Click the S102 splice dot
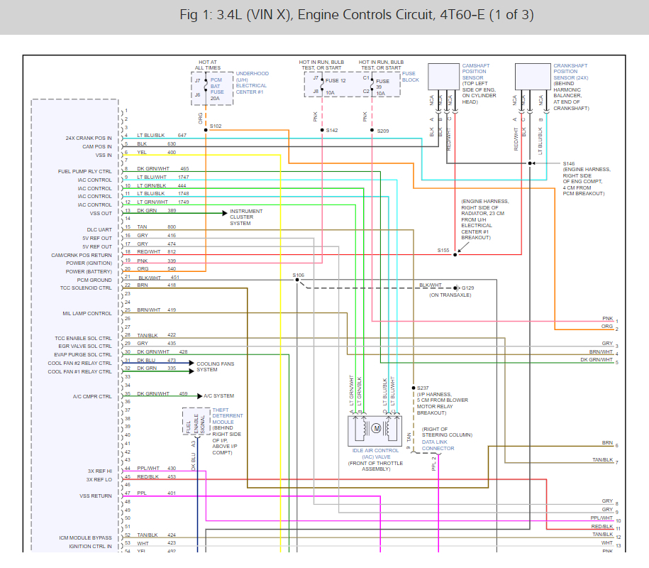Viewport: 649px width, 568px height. pos(206,130)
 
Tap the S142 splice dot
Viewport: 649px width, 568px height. pos(322,130)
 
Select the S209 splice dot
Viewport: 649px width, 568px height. pos(372,130)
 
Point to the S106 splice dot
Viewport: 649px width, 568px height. pos(297,280)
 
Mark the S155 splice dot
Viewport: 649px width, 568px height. pos(455,255)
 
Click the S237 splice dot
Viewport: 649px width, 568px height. pos(414,388)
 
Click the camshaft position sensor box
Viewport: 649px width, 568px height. pos(443,77)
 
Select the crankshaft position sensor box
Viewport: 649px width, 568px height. pos(533,77)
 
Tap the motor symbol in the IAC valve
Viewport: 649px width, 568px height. pos(376,428)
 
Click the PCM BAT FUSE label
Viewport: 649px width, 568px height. pos(217,86)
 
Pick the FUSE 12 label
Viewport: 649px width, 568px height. pos(335,81)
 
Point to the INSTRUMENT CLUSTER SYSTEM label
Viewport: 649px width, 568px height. pos(246,217)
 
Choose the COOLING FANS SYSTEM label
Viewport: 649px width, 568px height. pos(215,366)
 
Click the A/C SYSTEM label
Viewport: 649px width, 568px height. pos(218,396)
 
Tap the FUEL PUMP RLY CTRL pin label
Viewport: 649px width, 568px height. pos(85,172)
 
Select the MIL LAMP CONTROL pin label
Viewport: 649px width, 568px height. pos(87,314)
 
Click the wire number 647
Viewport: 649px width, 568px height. pos(182,136)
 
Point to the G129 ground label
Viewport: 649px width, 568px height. pos(467,288)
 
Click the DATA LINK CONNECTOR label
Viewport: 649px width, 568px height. pos(438,445)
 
